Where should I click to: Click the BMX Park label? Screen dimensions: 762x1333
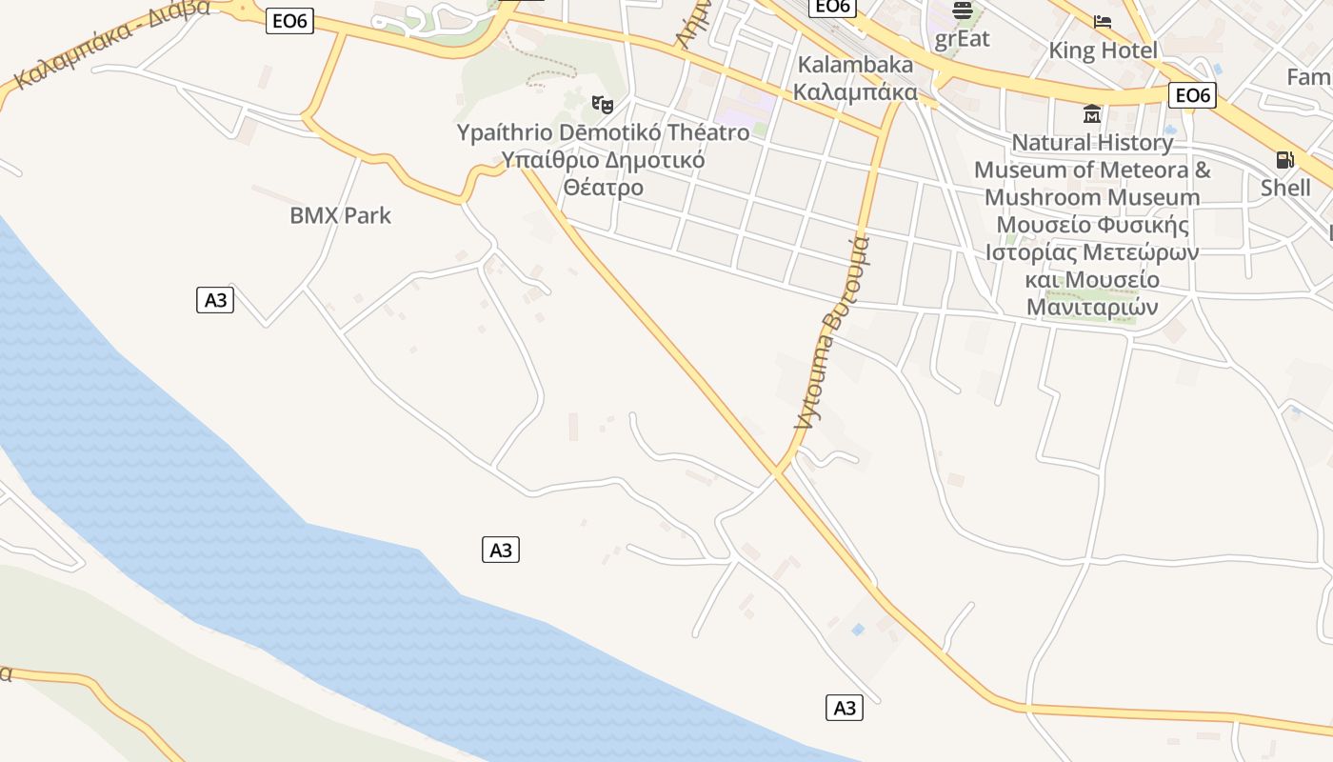[x=340, y=215]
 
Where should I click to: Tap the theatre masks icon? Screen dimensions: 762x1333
[x=601, y=104]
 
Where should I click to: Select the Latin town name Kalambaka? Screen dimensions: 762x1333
[x=855, y=65]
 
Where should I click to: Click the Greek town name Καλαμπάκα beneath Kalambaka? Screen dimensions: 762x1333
[x=855, y=91]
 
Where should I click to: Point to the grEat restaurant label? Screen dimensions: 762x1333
[x=962, y=39]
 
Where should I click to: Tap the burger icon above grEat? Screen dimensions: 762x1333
[x=963, y=11]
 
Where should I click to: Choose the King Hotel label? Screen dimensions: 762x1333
[x=1104, y=50]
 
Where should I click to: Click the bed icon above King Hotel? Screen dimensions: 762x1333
[x=1103, y=21]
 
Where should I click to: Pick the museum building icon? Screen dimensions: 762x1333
[x=1091, y=114]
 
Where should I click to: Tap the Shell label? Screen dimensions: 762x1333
[x=1285, y=188]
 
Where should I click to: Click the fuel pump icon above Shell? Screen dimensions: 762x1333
[x=1284, y=160]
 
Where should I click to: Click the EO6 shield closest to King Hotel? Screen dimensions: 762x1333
[x=1192, y=94]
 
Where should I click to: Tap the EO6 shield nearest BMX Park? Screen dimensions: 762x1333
[x=289, y=21]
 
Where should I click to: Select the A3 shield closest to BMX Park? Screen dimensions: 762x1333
[x=216, y=300]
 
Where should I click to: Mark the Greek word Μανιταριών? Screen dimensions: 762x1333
[x=1092, y=308]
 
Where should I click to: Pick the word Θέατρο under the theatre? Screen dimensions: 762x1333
[x=604, y=187]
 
